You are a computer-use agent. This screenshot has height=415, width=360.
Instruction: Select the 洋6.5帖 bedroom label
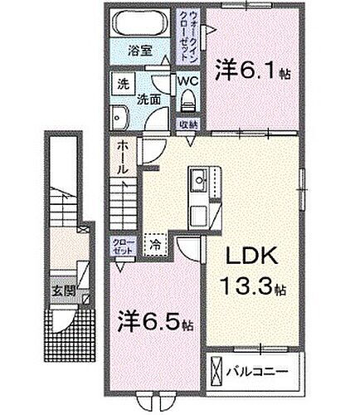pyautogui.click(x=156, y=319)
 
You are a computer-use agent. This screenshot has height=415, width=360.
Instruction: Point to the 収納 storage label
pyautogui.click(x=187, y=124)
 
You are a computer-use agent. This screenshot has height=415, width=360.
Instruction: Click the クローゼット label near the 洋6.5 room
pyautogui.click(x=122, y=246)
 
